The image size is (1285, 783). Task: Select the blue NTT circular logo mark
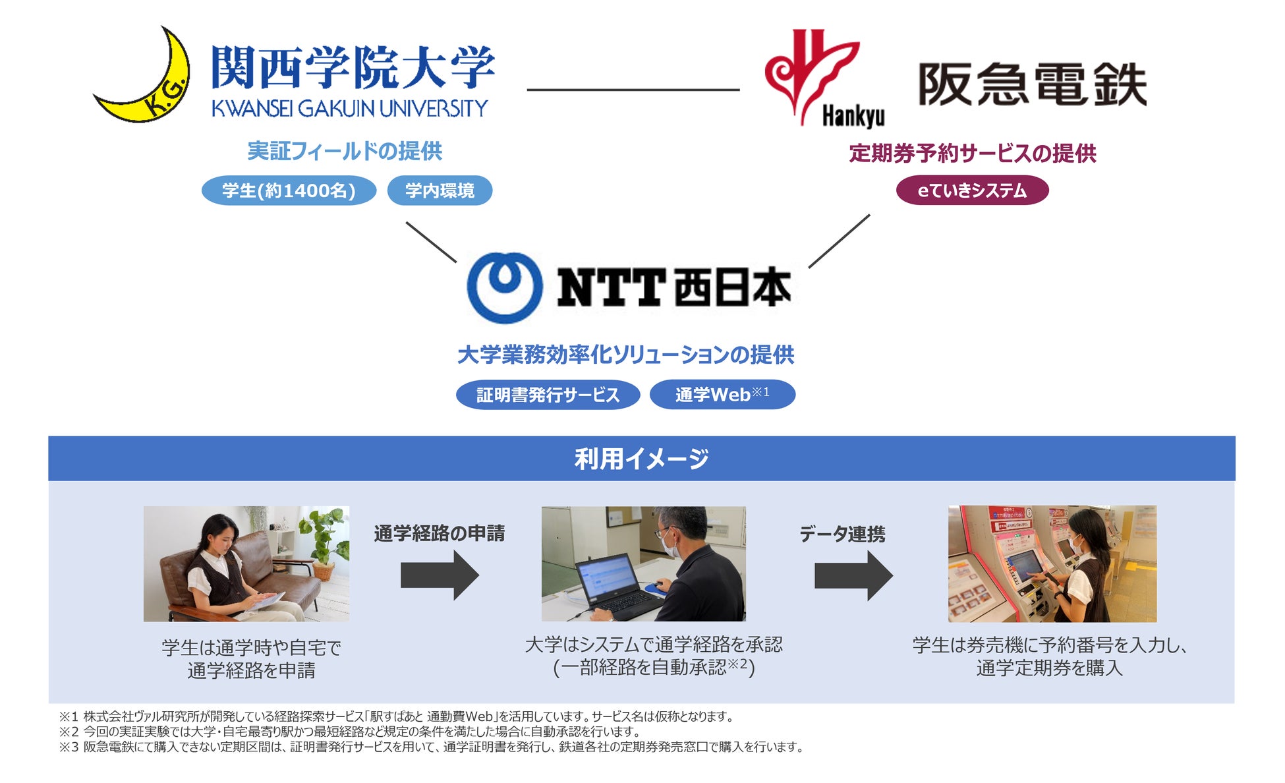click(505, 287)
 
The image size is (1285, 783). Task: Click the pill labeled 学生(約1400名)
click(289, 190)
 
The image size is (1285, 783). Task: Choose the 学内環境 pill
click(440, 190)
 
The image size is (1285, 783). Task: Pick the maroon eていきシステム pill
click(972, 190)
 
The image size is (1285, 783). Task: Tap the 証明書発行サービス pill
click(548, 395)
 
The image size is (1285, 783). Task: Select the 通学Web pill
click(722, 395)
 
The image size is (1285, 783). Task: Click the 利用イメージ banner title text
click(641, 459)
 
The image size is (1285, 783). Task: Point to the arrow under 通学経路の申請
click(440, 575)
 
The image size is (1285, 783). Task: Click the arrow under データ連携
click(853, 575)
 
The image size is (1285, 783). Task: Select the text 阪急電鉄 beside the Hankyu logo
click(1032, 84)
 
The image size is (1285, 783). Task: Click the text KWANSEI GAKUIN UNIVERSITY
click(350, 108)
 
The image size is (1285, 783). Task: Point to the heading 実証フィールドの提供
click(345, 151)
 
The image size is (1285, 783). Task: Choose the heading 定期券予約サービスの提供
click(973, 154)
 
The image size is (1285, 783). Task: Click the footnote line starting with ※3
click(432, 747)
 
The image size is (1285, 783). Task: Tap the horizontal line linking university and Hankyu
click(633, 90)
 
